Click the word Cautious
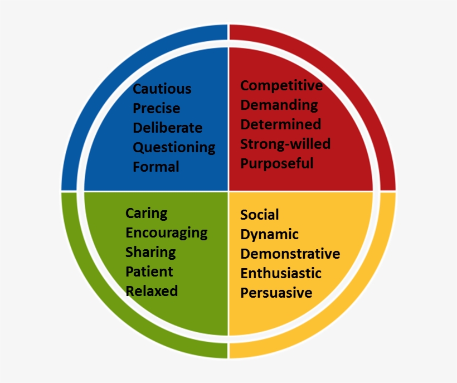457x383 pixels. (162, 89)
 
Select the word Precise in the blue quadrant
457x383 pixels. (157, 108)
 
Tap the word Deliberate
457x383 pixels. (168, 128)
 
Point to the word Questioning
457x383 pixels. (174, 148)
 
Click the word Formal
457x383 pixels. (156, 167)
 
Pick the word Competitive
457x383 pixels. (281, 86)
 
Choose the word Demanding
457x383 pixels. (279, 105)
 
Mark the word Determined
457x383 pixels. (281, 124)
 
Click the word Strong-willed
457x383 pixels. (285, 144)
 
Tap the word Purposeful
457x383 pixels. (277, 164)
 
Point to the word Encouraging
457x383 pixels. (167, 234)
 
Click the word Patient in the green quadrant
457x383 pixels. (149, 272)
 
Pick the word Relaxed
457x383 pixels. (152, 292)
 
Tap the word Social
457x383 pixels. (259, 215)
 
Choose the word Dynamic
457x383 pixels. (269, 235)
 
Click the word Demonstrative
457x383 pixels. (290, 254)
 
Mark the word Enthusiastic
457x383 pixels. (281, 273)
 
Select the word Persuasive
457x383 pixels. (276, 293)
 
